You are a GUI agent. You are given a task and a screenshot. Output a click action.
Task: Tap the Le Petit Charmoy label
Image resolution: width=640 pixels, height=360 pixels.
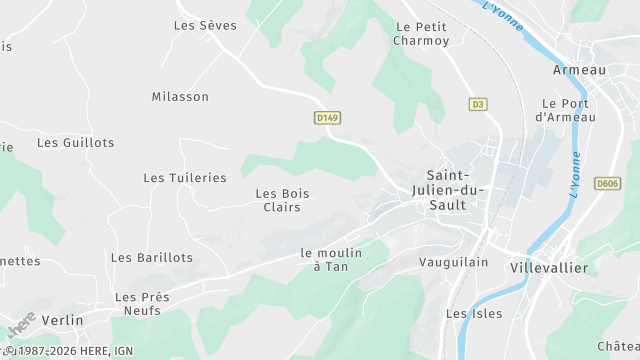click(421, 34)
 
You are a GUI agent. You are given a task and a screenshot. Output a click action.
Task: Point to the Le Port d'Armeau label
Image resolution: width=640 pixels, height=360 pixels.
click(565, 110)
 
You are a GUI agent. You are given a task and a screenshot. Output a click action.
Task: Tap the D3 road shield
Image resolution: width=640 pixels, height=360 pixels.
click(478, 104)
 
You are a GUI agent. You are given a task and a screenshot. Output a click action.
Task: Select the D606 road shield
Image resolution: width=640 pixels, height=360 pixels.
click(607, 183)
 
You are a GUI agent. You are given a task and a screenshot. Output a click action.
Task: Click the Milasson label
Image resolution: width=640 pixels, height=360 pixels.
click(180, 97)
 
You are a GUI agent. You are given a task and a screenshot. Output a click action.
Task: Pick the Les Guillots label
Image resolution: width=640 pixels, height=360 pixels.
click(76, 143)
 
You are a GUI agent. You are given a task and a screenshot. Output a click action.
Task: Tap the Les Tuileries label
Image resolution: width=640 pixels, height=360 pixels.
click(185, 178)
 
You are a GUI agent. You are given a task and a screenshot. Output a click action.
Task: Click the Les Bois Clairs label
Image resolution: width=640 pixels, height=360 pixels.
click(282, 200)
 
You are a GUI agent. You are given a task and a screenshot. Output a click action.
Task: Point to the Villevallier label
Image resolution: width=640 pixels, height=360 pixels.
click(554, 268)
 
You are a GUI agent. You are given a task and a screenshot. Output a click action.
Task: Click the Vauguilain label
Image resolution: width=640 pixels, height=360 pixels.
click(453, 261)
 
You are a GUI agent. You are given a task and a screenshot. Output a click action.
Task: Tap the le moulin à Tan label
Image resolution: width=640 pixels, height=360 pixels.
click(331, 260)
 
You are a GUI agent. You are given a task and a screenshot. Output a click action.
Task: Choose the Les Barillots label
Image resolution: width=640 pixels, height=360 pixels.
click(152, 258)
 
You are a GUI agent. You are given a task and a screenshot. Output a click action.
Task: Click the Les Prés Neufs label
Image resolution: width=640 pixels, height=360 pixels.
click(142, 304)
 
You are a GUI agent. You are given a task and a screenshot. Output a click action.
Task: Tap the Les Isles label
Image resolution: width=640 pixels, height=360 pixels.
click(474, 314)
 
